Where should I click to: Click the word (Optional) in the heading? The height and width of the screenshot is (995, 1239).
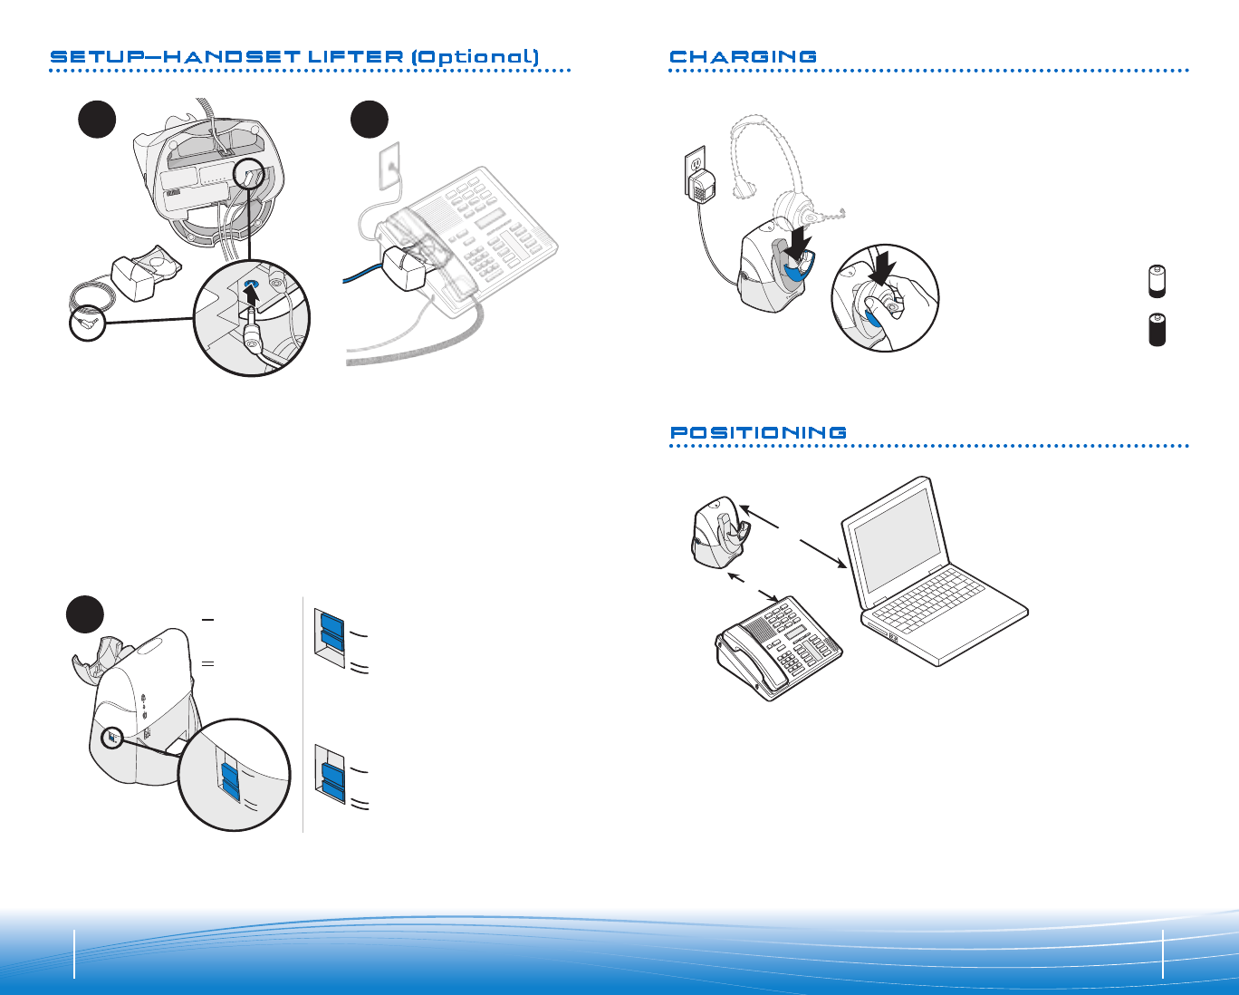475,57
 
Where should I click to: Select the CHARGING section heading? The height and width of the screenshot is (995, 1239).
743,57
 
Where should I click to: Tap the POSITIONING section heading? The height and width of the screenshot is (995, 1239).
758,433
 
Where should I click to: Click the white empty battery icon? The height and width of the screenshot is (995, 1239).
1157,282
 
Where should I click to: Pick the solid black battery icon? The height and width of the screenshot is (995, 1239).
1157,329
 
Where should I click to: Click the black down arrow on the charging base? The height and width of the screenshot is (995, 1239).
800,242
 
